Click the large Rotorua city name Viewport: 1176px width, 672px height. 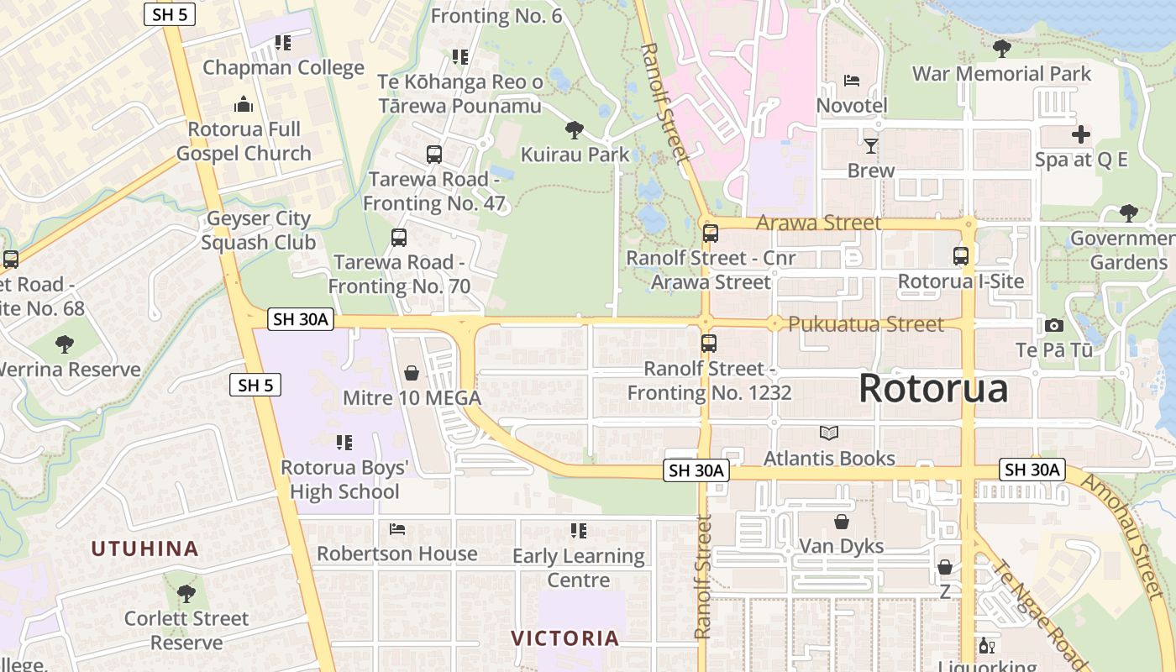[x=933, y=389]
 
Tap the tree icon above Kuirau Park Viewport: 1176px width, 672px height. [x=575, y=129]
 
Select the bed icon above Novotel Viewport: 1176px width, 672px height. [x=852, y=81]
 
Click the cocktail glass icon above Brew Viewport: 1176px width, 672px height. [x=871, y=146]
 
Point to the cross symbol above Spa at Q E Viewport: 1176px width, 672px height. [x=1081, y=134]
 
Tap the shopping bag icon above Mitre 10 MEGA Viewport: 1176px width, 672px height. [x=412, y=373]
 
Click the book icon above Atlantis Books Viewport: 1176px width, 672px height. [x=829, y=433]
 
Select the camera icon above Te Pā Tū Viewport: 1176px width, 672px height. [x=1053, y=325]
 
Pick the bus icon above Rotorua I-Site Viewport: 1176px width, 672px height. [x=961, y=256]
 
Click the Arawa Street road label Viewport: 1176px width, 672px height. [x=819, y=223]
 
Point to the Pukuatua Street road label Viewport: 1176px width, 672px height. [x=865, y=324]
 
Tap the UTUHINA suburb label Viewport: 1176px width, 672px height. [x=144, y=549]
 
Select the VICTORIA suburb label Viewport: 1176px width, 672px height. [x=565, y=638]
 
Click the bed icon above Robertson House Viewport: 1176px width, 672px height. [x=397, y=529]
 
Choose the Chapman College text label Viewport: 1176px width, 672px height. [x=283, y=67]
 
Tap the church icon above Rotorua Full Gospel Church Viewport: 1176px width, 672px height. [x=244, y=104]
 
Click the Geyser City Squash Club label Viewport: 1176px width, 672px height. [x=259, y=230]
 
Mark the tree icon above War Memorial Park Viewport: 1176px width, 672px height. [x=1001, y=49]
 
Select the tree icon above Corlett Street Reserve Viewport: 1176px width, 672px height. [x=186, y=594]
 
